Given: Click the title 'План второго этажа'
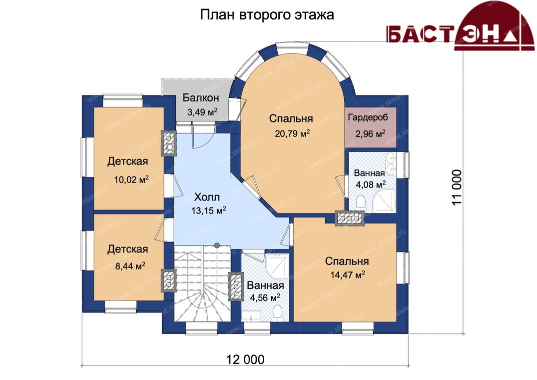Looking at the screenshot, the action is (x=267, y=15).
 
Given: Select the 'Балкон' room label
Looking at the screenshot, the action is (x=201, y=97).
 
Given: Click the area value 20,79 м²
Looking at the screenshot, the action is (x=292, y=133).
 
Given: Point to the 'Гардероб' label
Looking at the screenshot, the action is (x=368, y=117).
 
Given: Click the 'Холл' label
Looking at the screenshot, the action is (x=207, y=197).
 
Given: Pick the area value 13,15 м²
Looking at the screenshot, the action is (x=209, y=210).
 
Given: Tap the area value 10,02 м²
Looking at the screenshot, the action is (x=131, y=179).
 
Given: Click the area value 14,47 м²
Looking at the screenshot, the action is (x=347, y=274).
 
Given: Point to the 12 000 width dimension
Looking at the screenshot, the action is (x=245, y=359).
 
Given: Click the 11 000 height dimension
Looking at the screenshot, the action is (x=457, y=187).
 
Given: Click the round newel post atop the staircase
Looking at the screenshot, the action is (x=217, y=245).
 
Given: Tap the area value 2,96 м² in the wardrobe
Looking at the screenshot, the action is (x=370, y=133).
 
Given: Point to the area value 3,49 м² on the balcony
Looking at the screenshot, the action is (x=202, y=111).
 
